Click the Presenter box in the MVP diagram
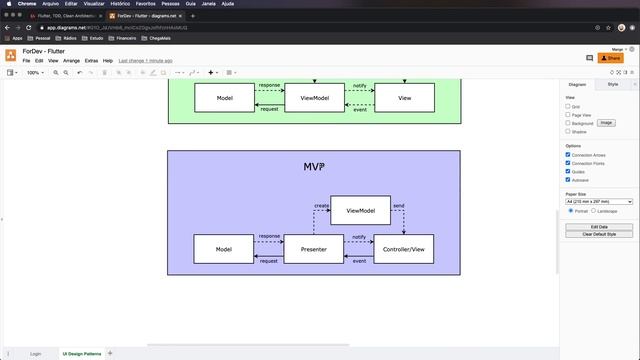(x=314, y=249)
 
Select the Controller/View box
(x=404, y=249)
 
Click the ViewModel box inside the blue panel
(x=360, y=211)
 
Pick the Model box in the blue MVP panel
(x=224, y=249)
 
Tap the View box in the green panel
(x=404, y=98)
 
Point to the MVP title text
(x=313, y=166)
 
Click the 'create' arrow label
(x=321, y=205)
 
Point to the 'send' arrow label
(x=398, y=205)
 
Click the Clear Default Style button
(x=599, y=234)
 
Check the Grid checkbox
(x=568, y=106)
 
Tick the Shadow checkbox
(x=568, y=131)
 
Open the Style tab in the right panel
(x=612, y=85)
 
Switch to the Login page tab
(x=36, y=353)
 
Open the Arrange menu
(x=71, y=61)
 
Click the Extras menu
(x=91, y=61)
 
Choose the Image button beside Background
(x=606, y=123)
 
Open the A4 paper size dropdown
(x=599, y=201)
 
